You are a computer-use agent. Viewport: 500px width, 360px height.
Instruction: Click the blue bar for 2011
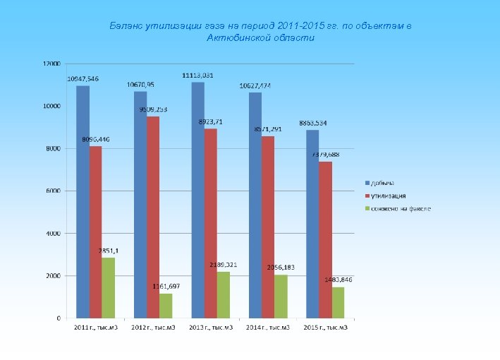tap(83, 201)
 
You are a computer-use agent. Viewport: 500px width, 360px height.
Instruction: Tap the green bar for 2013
tap(223, 294)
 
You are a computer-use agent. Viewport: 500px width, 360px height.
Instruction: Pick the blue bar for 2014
tap(255, 205)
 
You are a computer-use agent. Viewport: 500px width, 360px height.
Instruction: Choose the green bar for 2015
tap(338, 302)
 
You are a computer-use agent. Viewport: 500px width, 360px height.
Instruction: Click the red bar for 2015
tap(325, 239)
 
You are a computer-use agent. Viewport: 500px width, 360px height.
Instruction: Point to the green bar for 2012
tap(166, 305)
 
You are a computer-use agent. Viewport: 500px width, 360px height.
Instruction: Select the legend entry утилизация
tap(387, 196)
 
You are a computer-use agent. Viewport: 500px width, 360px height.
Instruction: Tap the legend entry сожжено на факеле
tap(398, 209)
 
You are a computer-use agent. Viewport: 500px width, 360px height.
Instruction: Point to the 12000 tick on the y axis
tap(51, 64)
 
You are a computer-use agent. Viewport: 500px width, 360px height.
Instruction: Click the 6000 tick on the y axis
tap(53, 191)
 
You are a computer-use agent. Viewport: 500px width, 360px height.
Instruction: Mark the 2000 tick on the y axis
tap(53, 276)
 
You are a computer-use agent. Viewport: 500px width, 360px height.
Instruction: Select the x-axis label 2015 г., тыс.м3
tap(325, 328)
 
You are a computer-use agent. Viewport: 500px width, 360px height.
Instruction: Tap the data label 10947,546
tap(83, 78)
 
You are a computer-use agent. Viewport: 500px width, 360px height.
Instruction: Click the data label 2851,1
tap(108, 251)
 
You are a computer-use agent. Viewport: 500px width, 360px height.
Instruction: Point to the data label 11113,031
tap(198, 75)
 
